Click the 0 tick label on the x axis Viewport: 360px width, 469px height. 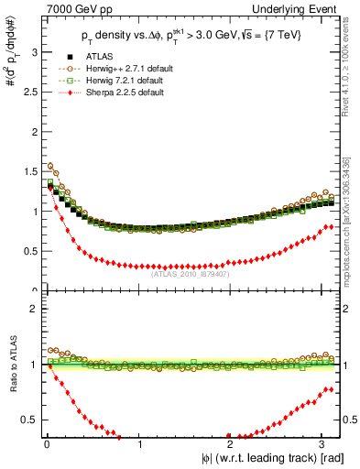pos(47,445)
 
